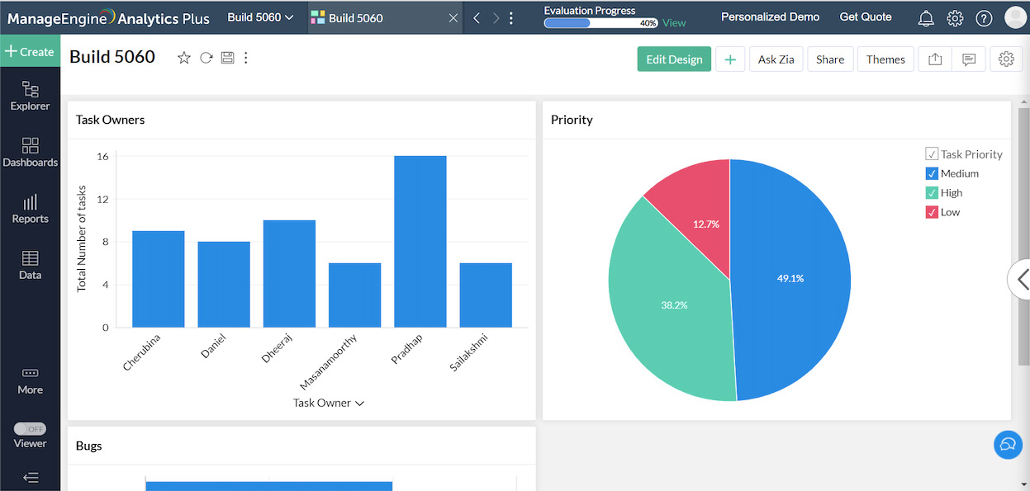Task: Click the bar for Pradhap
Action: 420,241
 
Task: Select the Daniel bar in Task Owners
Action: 224,284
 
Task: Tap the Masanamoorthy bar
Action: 354,295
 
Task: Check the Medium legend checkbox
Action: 932,173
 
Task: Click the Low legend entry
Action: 950,212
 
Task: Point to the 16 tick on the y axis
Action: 102,156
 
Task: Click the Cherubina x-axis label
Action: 142,352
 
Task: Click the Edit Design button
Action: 674,59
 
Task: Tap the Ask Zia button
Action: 776,59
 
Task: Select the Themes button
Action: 885,59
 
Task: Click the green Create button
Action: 30,51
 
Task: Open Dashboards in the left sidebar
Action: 30,152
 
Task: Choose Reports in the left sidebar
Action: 30,208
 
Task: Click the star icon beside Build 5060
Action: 184,58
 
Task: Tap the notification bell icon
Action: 926,18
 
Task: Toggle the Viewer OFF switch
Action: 31,429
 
